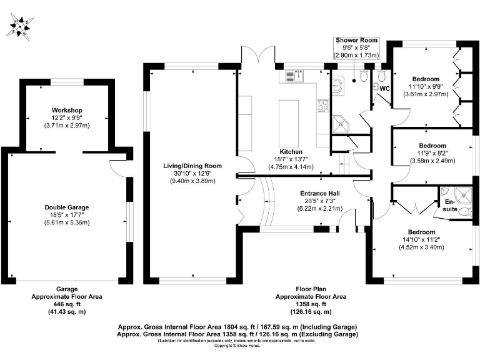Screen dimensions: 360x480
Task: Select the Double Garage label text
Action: point(66,207)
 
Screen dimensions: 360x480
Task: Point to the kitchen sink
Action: point(294,76)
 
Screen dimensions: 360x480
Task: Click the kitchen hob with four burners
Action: point(324,106)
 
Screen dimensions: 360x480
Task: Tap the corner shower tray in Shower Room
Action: point(341,125)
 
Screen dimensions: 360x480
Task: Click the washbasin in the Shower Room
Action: point(338,86)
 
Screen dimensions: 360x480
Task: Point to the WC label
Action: point(385,89)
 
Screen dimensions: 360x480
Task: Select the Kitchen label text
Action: point(291,152)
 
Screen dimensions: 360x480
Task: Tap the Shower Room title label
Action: point(356,40)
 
